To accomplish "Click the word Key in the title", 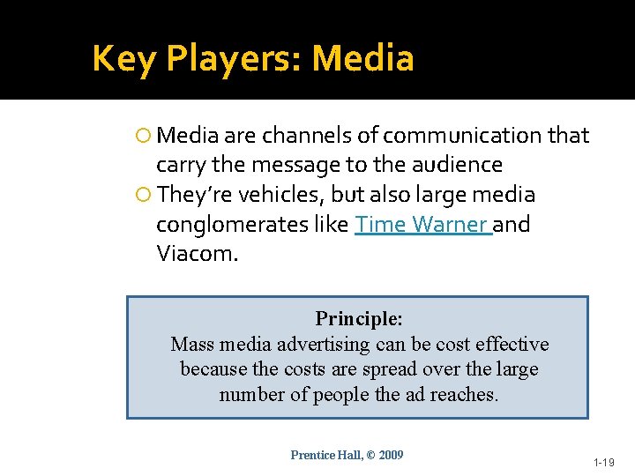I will click(123, 59).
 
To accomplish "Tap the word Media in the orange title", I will click(362, 59).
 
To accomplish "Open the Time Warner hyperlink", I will click(422, 225).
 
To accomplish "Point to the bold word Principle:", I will click(359, 318).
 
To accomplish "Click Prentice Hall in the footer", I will click(324, 456).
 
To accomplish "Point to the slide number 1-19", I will click(603, 462).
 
